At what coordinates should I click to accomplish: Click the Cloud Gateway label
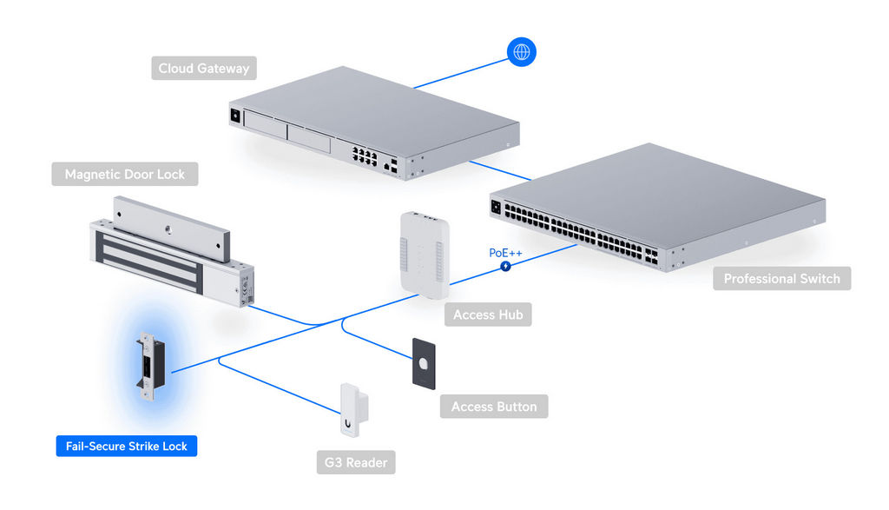click(x=203, y=68)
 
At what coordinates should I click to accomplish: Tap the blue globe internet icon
click(x=522, y=51)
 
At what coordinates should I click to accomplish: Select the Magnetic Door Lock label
click(x=125, y=175)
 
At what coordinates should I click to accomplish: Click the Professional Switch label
click(x=781, y=279)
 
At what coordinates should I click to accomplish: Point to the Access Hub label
click(x=488, y=315)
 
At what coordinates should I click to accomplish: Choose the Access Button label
click(x=494, y=407)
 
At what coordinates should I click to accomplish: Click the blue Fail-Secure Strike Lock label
click(x=127, y=447)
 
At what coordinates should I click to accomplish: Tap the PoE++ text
click(x=505, y=252)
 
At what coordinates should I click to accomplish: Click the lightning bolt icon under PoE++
click(x=505, y=265)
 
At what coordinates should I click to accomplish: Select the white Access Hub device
click(x=423, y=253)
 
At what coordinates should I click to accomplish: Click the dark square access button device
click(x=424, y=364)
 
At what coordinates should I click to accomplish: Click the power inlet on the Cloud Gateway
click(x=234, y=114)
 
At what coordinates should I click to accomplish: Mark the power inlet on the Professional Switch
click(x=497, y=207)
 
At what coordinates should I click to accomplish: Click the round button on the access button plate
click(x=423, y=364)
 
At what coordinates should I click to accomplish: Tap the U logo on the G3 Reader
click(x=347, y=424)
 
